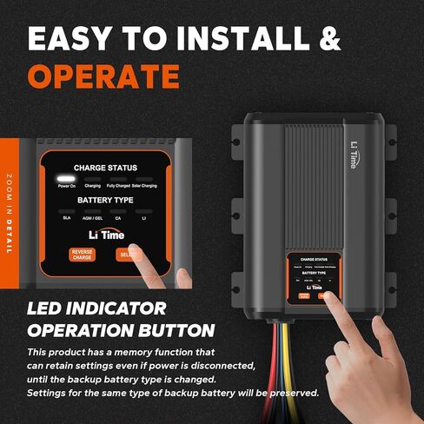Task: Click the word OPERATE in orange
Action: (x=103, y=76)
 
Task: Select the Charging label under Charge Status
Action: (x=93, y=186)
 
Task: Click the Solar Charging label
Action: (x=144, y=186)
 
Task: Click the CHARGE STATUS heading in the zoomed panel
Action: (x=105, y=168)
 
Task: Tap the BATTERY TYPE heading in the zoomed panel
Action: (x=105, y=200)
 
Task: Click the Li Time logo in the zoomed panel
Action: (x=105, y=235)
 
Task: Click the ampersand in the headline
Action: (x=329, y=38)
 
